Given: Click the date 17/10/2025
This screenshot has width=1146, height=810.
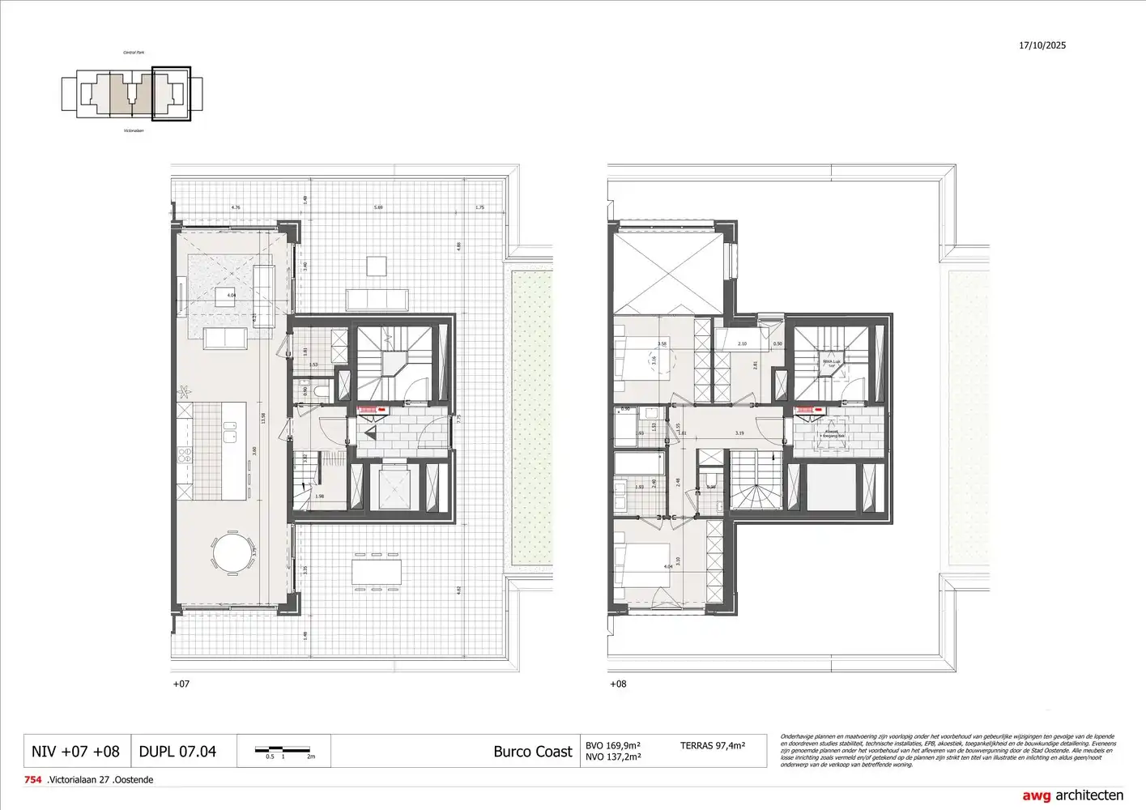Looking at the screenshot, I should click(x=1042, y=45).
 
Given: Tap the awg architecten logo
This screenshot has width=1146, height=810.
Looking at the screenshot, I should click(x=1072, y=795).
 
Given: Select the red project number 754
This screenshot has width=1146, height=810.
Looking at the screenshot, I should click(x=33, y=780).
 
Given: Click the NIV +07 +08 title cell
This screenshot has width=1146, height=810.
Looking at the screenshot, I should click(x=75, y=752).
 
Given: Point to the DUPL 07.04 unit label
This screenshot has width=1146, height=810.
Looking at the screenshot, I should click(x=177, y=752).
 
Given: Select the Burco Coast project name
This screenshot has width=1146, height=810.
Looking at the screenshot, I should click(x=532, y=752).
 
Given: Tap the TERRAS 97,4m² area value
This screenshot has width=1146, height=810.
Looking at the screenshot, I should click(x=712, y=745).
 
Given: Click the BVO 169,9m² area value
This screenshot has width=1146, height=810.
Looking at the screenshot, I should click(x=613, y=745).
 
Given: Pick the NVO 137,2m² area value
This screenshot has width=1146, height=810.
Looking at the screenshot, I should click(x=613, y=757).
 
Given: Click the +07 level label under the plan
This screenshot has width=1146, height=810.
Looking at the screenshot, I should click(x=181, y=684).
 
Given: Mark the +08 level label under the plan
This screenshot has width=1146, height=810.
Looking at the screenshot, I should click(x=618, y=684).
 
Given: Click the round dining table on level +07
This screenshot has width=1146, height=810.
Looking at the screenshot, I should click(x=232, y=554).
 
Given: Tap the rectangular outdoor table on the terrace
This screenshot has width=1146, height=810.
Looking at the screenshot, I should click(x=375, y=572).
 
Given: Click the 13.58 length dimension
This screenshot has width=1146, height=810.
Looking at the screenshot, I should click(x=262, y=419).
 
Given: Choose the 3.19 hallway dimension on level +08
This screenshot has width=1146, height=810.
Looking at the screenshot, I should click(x=739, y=433).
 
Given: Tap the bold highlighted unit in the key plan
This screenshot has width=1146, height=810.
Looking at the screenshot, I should click(x=171, y=94).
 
